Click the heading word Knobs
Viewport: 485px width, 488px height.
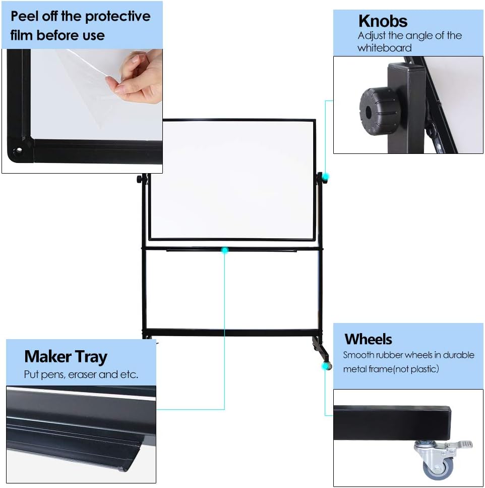(383, 21)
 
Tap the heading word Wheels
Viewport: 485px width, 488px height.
(368, 339)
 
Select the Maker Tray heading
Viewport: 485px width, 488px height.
(66, 357)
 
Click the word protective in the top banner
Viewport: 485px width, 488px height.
(116, 16)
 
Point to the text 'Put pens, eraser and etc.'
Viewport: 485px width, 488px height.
(81, 375)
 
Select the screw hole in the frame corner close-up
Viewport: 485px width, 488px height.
(19, 151)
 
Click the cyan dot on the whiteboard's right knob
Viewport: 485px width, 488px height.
(325, 176)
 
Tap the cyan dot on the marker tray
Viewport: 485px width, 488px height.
(224, 250)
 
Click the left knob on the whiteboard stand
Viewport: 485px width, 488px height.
(138, 179)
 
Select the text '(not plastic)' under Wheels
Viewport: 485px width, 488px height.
(414, 369)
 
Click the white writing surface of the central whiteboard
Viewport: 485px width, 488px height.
(232, 179)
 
